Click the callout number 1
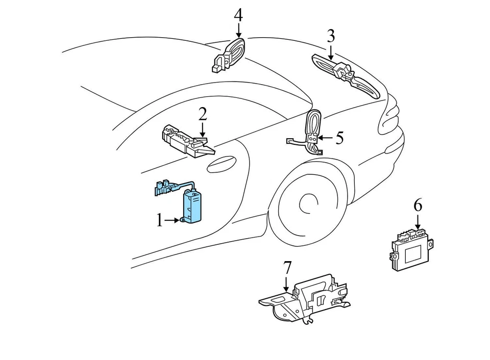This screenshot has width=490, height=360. pos(159,220)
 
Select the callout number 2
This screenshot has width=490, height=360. pos(203,114)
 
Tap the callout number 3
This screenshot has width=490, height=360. pos(331,36)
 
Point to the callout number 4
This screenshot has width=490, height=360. pos(238,15)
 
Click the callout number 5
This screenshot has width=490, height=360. pos(339,137)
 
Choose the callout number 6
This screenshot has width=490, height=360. pos(418,205)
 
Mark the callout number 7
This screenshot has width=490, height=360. pos(287,267)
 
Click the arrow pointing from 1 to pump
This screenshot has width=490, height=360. pos(172,221)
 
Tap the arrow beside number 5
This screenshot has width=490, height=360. pos(327,138)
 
